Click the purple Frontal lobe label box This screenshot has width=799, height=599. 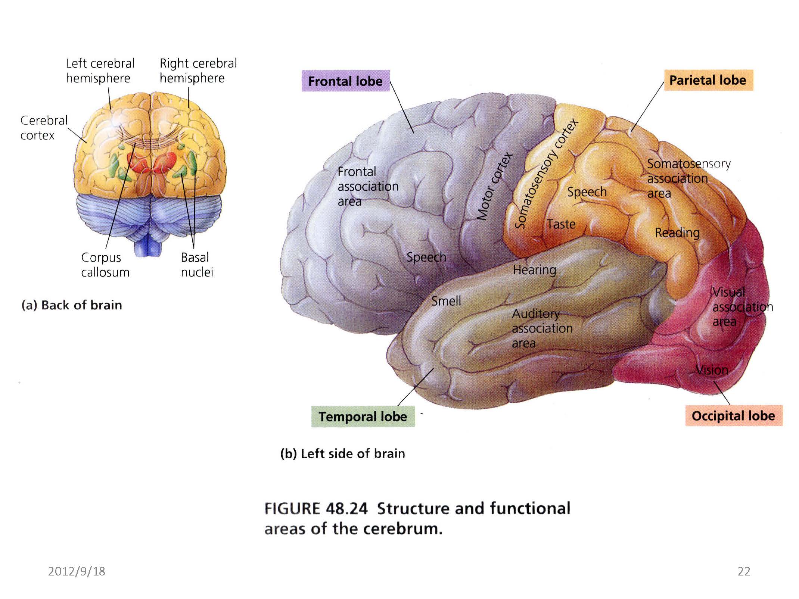click(345, 81)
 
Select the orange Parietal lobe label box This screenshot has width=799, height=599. click(708, 80)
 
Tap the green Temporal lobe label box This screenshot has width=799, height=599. click(363, 417)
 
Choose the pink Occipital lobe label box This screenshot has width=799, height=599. click(733, 416)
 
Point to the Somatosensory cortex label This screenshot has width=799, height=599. click(546, 174)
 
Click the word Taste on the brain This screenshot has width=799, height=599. click(561, 224)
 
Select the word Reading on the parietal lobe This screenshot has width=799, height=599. click(677, 233)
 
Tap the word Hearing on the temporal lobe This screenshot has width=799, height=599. click(534, 270)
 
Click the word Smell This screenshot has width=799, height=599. click(446, 301)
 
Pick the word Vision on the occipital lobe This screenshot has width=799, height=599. click(712, 370)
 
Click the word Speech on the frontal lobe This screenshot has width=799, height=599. click(426, 257)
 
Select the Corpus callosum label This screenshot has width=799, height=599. click(105, 265)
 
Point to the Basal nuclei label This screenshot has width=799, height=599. click(197, 265)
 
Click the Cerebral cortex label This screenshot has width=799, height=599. click(44, 128)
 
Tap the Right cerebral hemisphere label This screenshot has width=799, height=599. click(198, 71)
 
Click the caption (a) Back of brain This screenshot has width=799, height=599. click(72, 305)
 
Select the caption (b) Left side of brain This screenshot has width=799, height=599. click(342, 453)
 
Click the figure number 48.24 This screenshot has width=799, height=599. click(346, 509)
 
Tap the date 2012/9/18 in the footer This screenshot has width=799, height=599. click(77, 571)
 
